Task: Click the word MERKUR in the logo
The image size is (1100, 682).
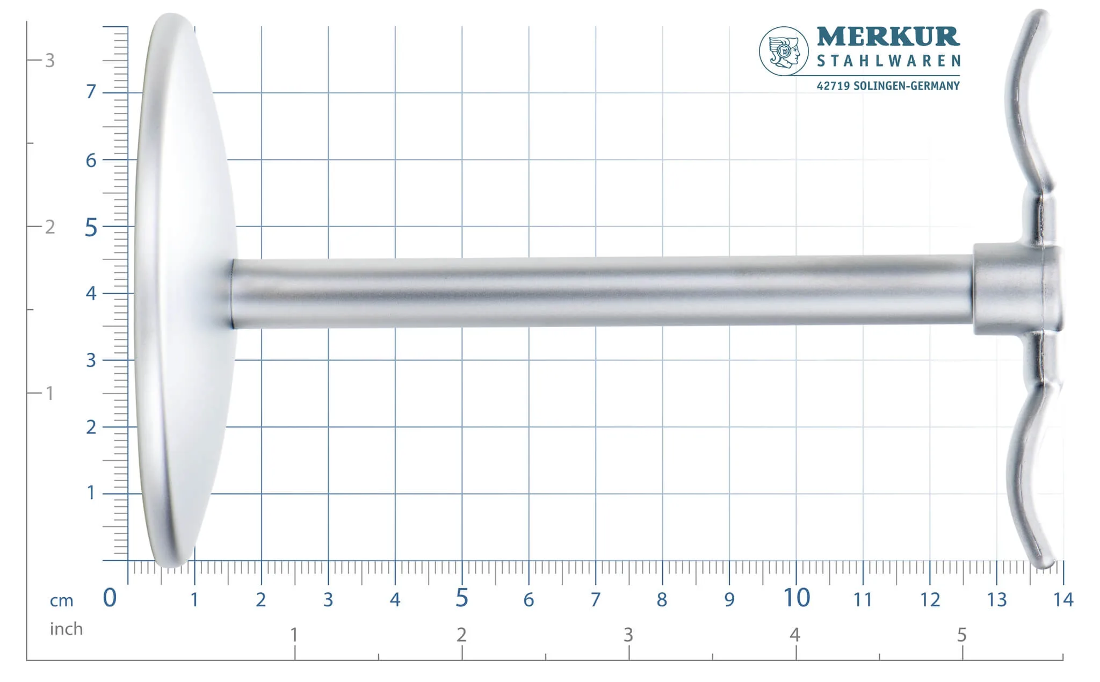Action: point(888,37)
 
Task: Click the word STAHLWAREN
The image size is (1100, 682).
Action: point(888,61)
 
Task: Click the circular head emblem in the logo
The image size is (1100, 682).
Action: point(784,51)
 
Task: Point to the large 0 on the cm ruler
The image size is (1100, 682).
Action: point(110,598)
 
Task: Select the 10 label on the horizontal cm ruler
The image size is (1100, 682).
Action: point(797,598)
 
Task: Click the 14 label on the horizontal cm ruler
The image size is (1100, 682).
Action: point(1063,599)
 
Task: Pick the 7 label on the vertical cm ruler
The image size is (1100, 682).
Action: point(91,92)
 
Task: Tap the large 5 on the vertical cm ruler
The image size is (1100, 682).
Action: point(91,228)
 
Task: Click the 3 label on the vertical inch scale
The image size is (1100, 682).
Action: point(50,61)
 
